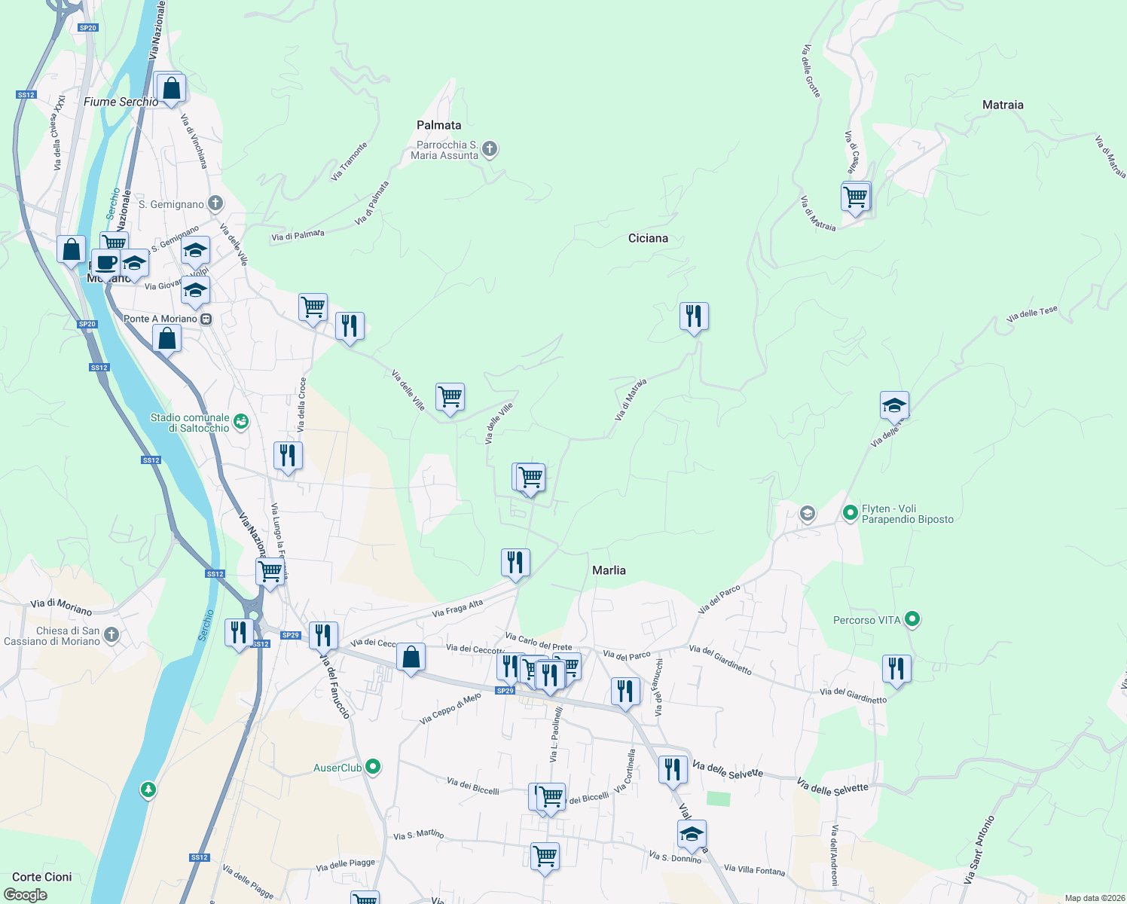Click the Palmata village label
[438, 125]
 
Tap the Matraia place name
[1003, 105]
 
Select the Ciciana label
[648, 238]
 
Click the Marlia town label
[609, 570]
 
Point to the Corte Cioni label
[42, 877]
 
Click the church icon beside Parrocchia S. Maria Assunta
[490, 148]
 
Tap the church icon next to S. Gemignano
[215, 203]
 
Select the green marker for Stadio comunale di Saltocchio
[240, 422]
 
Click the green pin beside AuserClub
[372, 768]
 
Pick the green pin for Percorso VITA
[912, 619]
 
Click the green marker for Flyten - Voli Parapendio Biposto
[851, 513]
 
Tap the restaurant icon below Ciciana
[693, 316]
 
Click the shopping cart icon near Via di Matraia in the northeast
[855, 197]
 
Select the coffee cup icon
[106, 263]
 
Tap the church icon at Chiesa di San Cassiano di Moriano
[111, 635]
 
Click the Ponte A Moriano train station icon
[206, 319]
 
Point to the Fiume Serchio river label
[121, 102]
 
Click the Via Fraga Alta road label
[457, 609]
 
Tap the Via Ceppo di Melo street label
[450, 709]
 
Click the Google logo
[26, 895]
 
